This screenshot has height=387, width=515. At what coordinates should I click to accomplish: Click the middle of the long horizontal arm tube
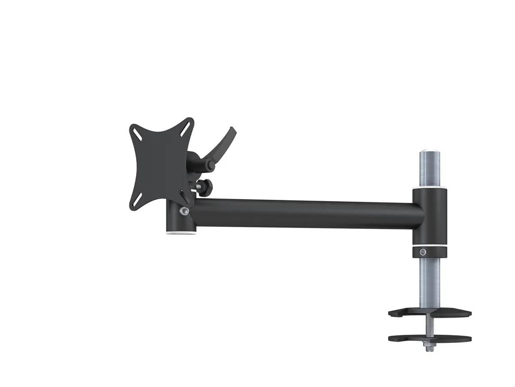300,213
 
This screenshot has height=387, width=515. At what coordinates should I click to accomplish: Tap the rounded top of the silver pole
430,152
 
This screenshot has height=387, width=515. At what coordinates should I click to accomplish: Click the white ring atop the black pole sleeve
430,188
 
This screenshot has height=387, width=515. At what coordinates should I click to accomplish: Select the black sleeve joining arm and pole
430,216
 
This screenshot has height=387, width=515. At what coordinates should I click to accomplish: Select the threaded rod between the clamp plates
430,325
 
